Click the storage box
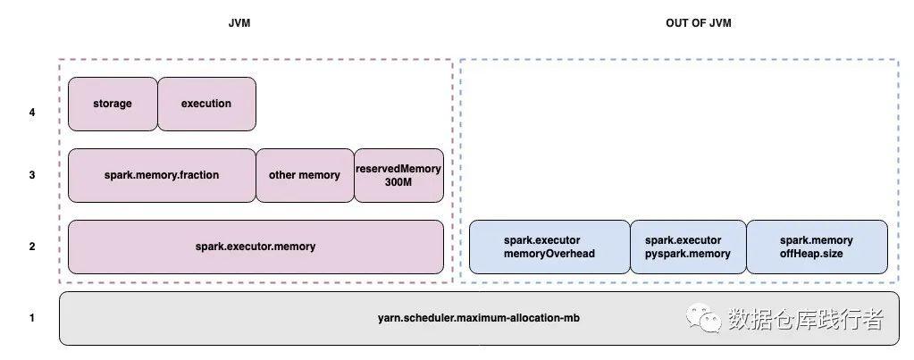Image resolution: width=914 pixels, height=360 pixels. point(113,104)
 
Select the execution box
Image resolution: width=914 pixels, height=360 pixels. point(206,104)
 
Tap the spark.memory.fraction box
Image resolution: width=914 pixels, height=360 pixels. point(162,175)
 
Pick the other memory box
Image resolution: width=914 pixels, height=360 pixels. point(305,175)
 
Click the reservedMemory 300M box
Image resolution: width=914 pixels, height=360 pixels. point(398,175)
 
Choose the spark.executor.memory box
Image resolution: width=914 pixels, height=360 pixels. point(256,247)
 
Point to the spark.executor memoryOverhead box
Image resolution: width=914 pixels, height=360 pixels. point(549,247)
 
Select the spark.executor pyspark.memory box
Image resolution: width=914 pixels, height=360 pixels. point(688,247)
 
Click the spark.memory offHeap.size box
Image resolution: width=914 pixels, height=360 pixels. point(817,247)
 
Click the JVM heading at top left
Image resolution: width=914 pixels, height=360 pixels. point(240,23)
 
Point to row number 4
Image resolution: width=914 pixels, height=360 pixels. point(32,113)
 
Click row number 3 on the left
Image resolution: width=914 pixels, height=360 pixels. point(32,175)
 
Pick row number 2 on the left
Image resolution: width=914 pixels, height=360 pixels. point(32,246)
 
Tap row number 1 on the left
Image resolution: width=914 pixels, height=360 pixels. point(32,317)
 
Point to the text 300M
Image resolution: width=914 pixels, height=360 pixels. point(398,182)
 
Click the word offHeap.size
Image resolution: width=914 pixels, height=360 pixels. point(817,254)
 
